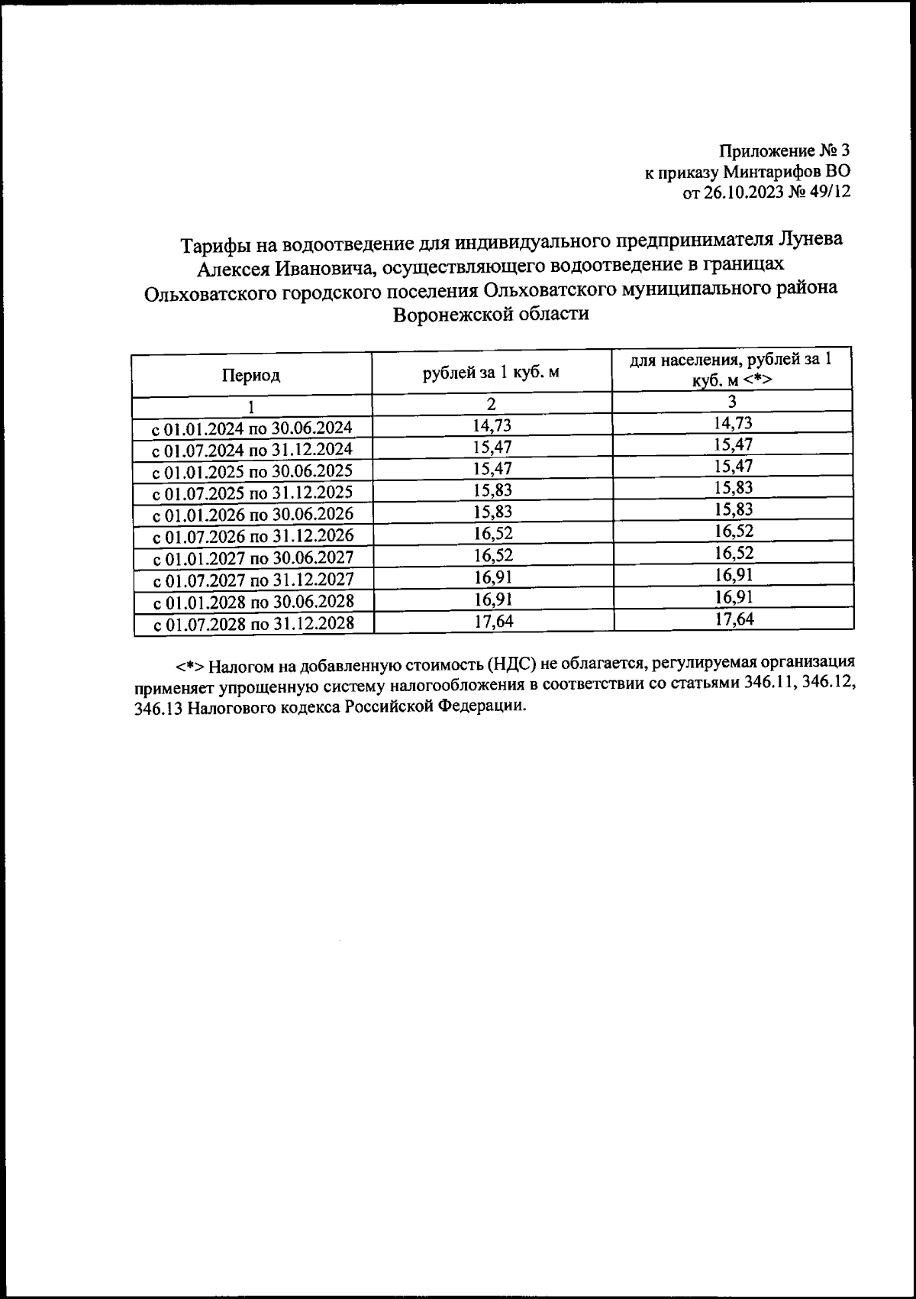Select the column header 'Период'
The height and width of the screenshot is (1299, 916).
pyautogui.click(x=251, y=376)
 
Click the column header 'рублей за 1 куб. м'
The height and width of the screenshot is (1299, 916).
pyautogui.click(x=491, y=373)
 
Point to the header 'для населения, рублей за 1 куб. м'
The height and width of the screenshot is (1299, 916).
pyautogui.click(x=731, y=370)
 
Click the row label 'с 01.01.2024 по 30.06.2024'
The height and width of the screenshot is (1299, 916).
pyautogui.click(x=253, y=428)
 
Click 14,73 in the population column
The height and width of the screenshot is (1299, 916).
pyautogui.click(x=733, y=423)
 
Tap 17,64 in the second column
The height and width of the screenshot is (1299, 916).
pyautogui.click(x=493, y=622)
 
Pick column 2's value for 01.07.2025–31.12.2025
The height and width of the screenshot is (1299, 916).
pyautogui.click(x=492, y=490)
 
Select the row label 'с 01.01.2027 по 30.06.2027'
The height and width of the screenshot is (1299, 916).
pyautogui.click(x=253, y=558)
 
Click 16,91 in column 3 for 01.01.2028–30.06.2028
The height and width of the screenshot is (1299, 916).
pyautogui.click(x=733, y=596)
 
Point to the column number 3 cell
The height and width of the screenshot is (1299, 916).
pyautogui.click(x=731, y=402)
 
